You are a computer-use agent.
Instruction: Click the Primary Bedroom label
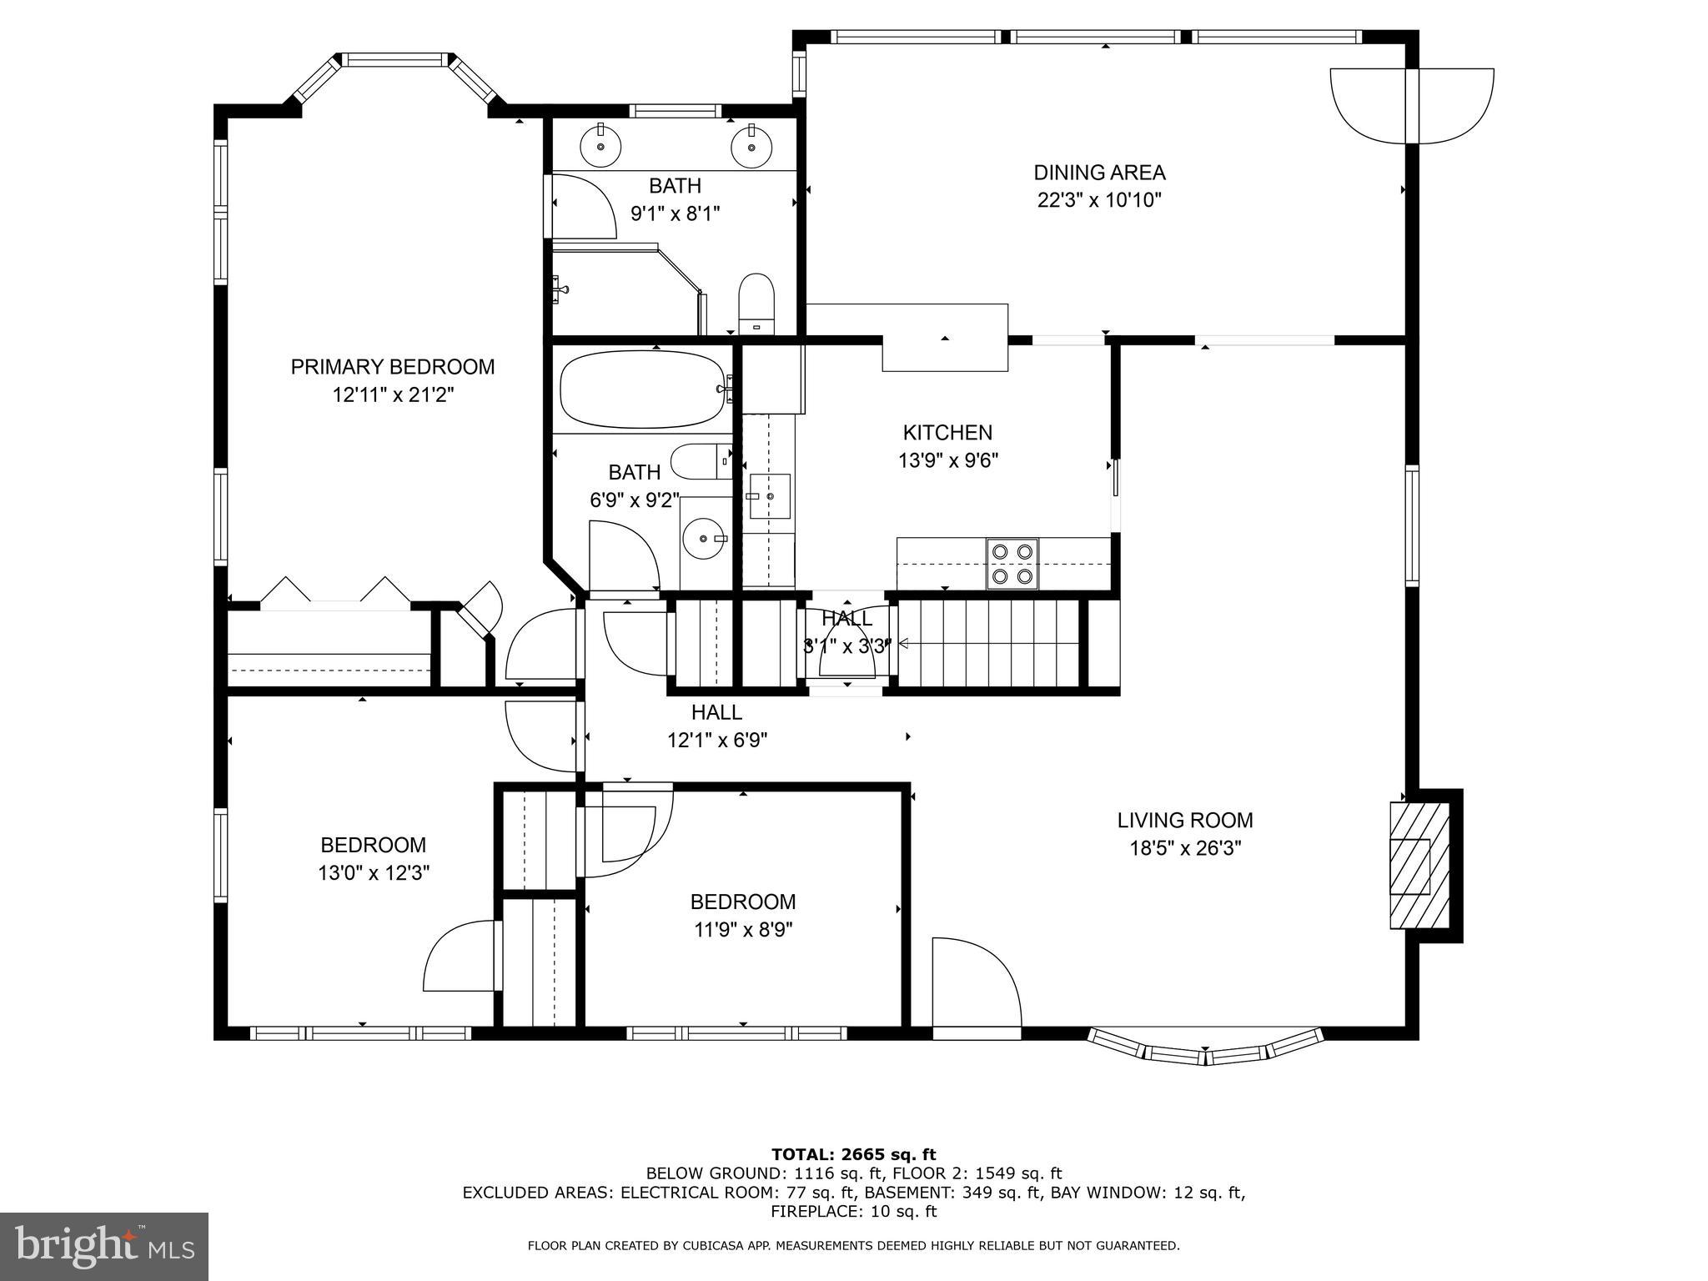pos(392,367)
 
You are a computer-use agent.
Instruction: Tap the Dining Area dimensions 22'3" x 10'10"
pos(1099,201)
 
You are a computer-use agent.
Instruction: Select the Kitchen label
pos(947,433)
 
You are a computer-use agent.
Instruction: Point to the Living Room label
pos(1185,821)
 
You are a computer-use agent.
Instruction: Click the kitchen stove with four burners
pos(1012,563)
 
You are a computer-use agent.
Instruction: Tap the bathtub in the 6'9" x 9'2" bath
pos(643,389)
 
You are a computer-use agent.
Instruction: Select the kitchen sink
pos(768,496)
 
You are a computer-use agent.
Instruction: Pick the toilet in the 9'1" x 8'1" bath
pos(757,304)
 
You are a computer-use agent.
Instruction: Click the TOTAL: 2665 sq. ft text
pos(853,1155)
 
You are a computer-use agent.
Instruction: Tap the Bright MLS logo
pos(104,1247)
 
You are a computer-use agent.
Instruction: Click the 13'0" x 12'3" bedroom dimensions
pos(373,873)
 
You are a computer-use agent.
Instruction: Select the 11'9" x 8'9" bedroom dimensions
pos(742,930)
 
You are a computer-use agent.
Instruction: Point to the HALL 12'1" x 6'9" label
pos(717,726)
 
